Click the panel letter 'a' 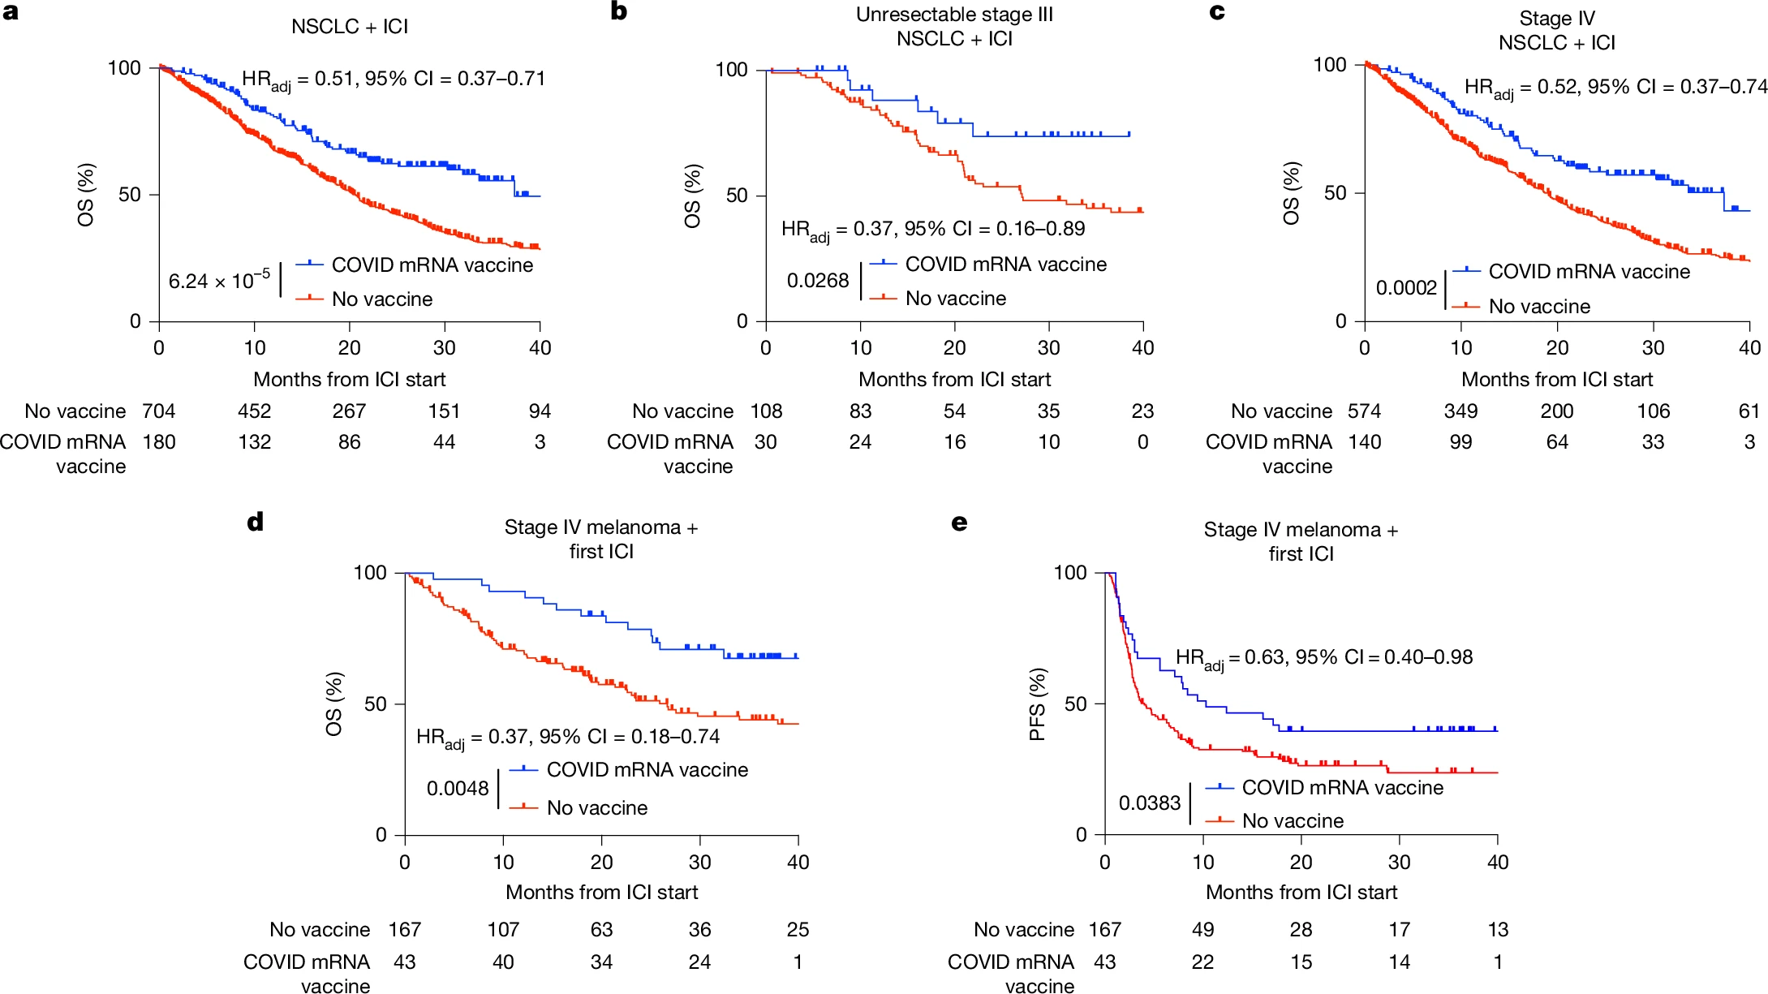(11, 12)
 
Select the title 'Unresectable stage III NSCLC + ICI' (954, 26)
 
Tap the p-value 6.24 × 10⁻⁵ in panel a (219, 281)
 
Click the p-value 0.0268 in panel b (818, 281)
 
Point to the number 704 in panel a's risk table (159, 411)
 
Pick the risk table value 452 (254, 411)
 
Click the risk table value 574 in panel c (1365, 411)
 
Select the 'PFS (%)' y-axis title (1037, 704)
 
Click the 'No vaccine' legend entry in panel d (597, 808)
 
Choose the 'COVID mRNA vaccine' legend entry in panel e (1343, 788)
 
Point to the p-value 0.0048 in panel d (458, 789)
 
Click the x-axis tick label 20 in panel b (954, 348)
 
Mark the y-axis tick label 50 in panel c (1335, 193)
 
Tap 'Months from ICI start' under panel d (601, 893)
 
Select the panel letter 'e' (959, 523)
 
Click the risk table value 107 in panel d (503, 930)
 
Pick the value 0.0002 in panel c (1406, 288)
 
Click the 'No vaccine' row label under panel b (682, 411)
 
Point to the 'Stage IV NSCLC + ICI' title (1556, 31)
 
